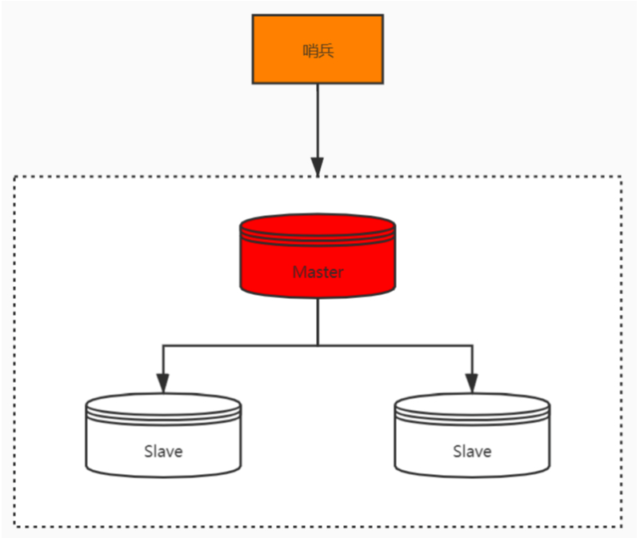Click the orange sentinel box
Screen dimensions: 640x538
click(x=318, y=50)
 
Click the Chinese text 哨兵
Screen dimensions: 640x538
click(x=318, y=50)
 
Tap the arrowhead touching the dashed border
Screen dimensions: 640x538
click(x=318, y=167)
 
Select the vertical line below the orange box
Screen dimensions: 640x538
click(x=318, y=122)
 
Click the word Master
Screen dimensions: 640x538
click(x=318, y=272)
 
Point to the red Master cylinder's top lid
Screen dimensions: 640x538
click(x=318, y=225)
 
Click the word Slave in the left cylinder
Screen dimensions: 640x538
click(x=163, y=452)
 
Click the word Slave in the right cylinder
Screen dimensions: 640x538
click(x=472, y=452)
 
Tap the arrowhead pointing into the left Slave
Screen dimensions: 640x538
click(x=163, y=384)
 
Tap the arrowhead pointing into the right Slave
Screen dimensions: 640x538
click(x=472, y=384)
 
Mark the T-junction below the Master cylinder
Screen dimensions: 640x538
click(x=318, y=345)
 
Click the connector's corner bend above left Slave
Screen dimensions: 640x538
click(x=163, y=345)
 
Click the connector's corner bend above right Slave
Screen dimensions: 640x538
click(x=472, y=345)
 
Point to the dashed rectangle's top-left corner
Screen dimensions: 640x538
click(x=14, y=177)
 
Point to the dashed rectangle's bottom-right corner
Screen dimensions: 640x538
click(x=622, y=526)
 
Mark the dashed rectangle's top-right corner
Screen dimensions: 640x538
click(x=622, y=177)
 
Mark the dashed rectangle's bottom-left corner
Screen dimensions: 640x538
click(x=14, y=526)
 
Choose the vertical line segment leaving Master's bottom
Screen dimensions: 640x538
click(x=318, y=321)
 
